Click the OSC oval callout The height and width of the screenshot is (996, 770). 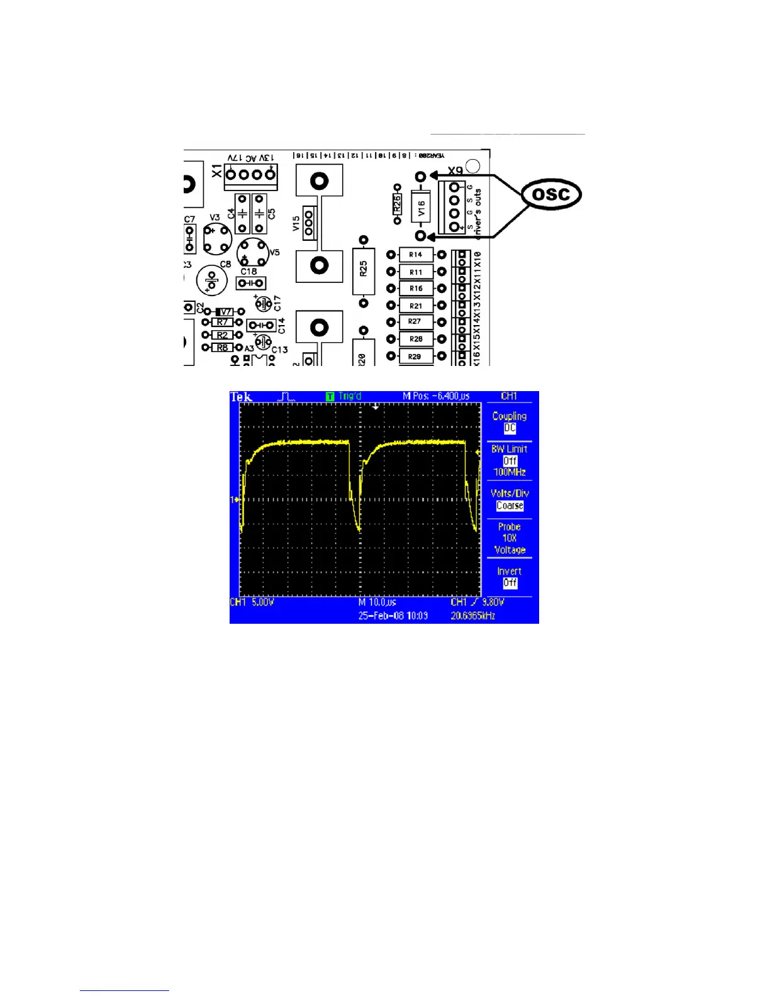pos(551,194)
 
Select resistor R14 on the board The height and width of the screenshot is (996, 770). pos(416,255)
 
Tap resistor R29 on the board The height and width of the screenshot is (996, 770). pos(415,357)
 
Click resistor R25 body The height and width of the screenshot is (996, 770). pos(364,270)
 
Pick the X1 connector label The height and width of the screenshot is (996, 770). pos(217,170)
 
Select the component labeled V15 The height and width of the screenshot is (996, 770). pos(308,223)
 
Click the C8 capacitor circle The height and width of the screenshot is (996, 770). pos(212,280)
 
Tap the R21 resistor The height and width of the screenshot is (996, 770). pos(416,306)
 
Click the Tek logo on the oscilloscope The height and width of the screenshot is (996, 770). pos(241,397)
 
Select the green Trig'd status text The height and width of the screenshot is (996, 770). pos(350,396)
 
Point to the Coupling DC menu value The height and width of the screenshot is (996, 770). pos(510,428)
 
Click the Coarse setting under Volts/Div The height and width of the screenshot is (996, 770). pos(510,506)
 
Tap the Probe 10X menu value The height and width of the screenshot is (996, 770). pos(510,538)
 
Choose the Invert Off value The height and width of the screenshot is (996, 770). pos(510,583)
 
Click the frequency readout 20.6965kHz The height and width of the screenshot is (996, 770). pos(472,616)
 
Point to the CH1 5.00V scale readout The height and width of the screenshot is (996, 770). pos(252,602)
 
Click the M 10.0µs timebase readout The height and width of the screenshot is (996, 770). pos(377,602)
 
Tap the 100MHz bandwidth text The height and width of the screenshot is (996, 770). pos(510,472)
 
